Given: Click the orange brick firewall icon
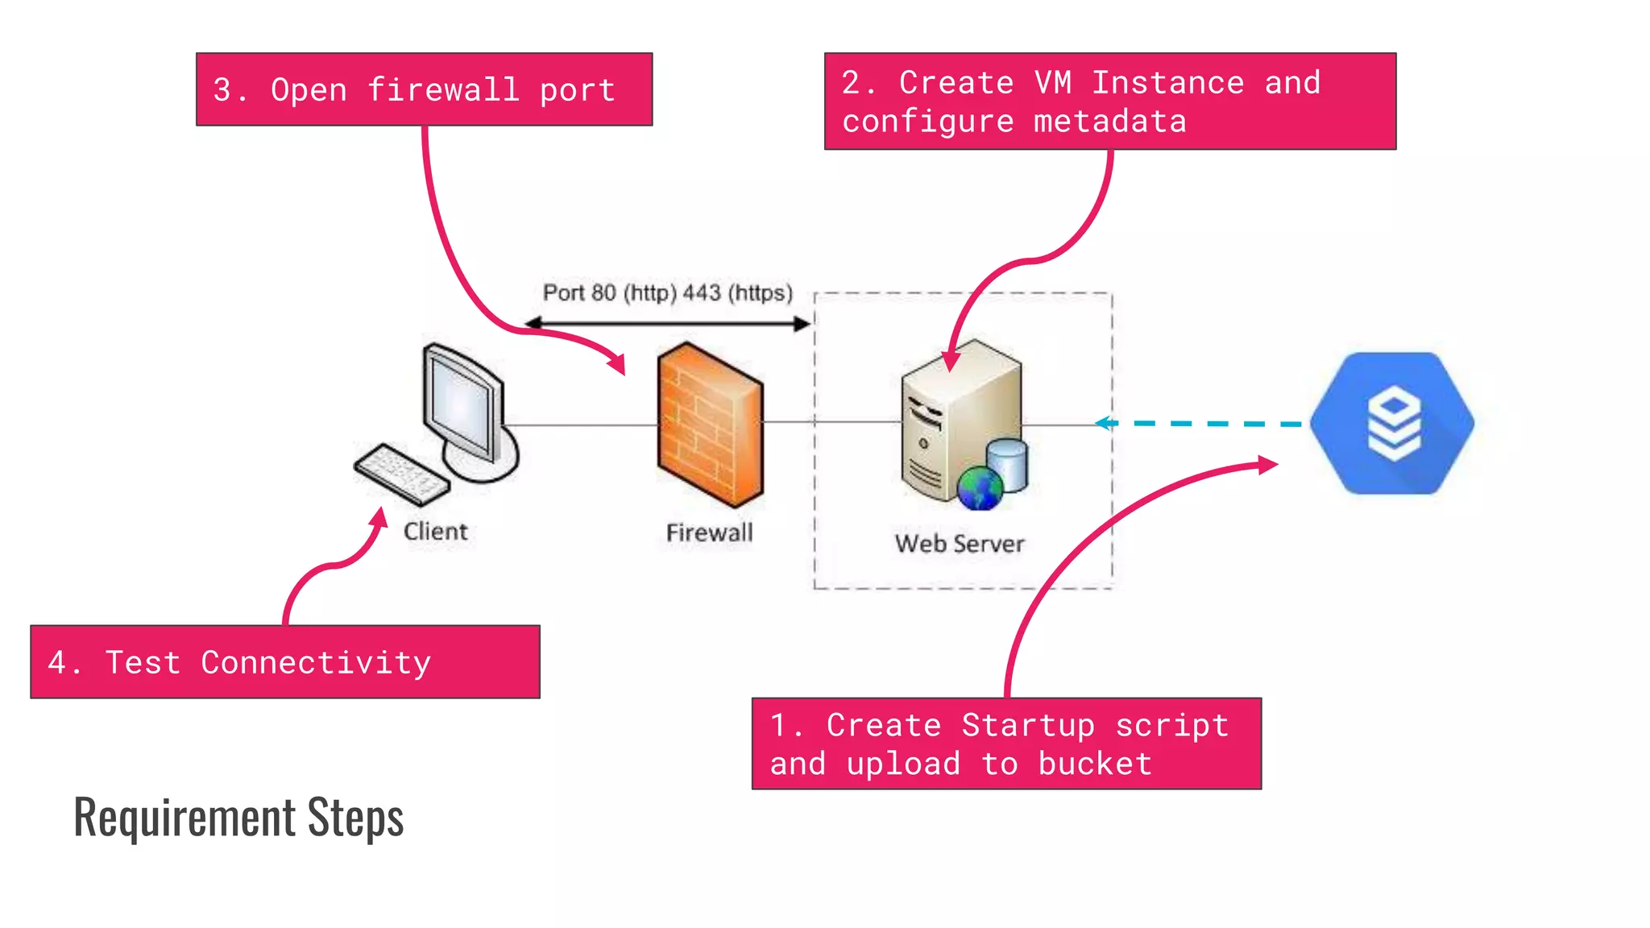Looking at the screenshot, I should (x=709, y=425).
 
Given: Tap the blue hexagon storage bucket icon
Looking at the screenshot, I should (x=1392, y=423).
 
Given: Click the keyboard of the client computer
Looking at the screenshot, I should (x=401, y=474).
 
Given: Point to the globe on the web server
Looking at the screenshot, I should (x=980, y=488).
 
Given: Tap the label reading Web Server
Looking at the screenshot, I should (x=959, y=544).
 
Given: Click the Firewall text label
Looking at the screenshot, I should (x=709, y=532).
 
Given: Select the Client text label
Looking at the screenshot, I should (x=435, y=532).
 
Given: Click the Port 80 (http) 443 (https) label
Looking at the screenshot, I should (x=667, y=292).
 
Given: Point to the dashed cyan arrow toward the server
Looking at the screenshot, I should (x=1200, y=423).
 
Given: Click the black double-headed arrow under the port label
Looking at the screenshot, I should (x=667, y=324).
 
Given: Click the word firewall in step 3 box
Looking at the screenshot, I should (x=443, y=89).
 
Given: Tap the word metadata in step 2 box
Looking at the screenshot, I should (x=1109, y=122).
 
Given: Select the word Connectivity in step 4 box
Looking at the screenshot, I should (x=316, y=663).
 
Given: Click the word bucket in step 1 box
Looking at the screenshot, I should (x=1095, y=764).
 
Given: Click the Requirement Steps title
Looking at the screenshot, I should (x=238, y=817).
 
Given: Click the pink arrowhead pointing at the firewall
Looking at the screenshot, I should (x=617, y=363).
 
